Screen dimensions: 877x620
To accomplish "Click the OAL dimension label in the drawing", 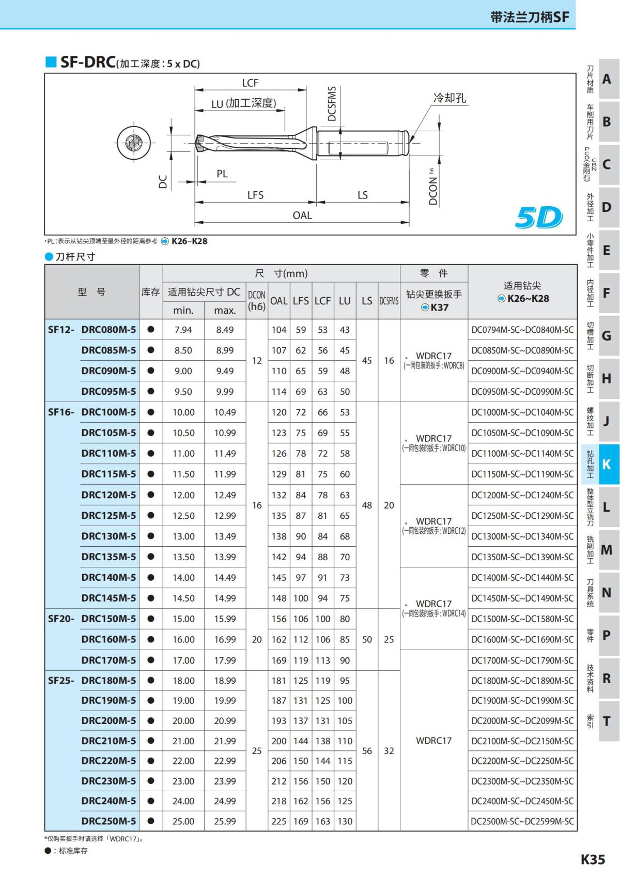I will pyautogui.click(x=302, y=215).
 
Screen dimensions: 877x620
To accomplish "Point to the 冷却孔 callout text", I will pyautogui.click(x=450, y=98).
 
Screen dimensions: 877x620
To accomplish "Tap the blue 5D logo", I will pyautogui.click(x=538, y=218).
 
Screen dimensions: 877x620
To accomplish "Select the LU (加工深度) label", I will pyautogui.click(x=243, y=103).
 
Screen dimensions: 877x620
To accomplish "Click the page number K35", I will pyautogui.click(x=593, y=859).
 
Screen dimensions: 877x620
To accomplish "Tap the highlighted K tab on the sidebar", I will pyautogui.click(x=607, y=464).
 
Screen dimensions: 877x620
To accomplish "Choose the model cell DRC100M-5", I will pyautogui.click(x=109, y=412).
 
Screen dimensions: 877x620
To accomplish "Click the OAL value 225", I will pyautogui.click(x=279, y=821).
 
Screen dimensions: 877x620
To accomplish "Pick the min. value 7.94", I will pyautogui.click(x=183, y=330).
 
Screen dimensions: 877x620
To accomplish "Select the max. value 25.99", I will pyautogui.click(x=225, y=821).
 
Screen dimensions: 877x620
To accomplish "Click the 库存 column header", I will pyautogui.click(x=150, y=292).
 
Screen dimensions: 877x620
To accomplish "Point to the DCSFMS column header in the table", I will pyautogui.click(x=389, y=301).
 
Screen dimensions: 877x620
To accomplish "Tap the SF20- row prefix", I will pyautogui.click(x=61, y=619).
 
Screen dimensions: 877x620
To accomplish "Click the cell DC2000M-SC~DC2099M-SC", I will pyautogui.click(x=522, y=720).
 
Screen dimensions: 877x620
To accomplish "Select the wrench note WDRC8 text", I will pyautogui.click(x=434, y=365).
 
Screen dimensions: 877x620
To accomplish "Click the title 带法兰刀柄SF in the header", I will pyautogui.click(x=530, y=17).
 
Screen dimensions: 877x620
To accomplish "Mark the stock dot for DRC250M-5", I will pyautogui.click(x=151, y=821).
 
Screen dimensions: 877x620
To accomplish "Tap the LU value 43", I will pyautogui.click(x=345, y=330).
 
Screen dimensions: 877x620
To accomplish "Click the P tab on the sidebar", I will pyautogui.click(x=607, y=635).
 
